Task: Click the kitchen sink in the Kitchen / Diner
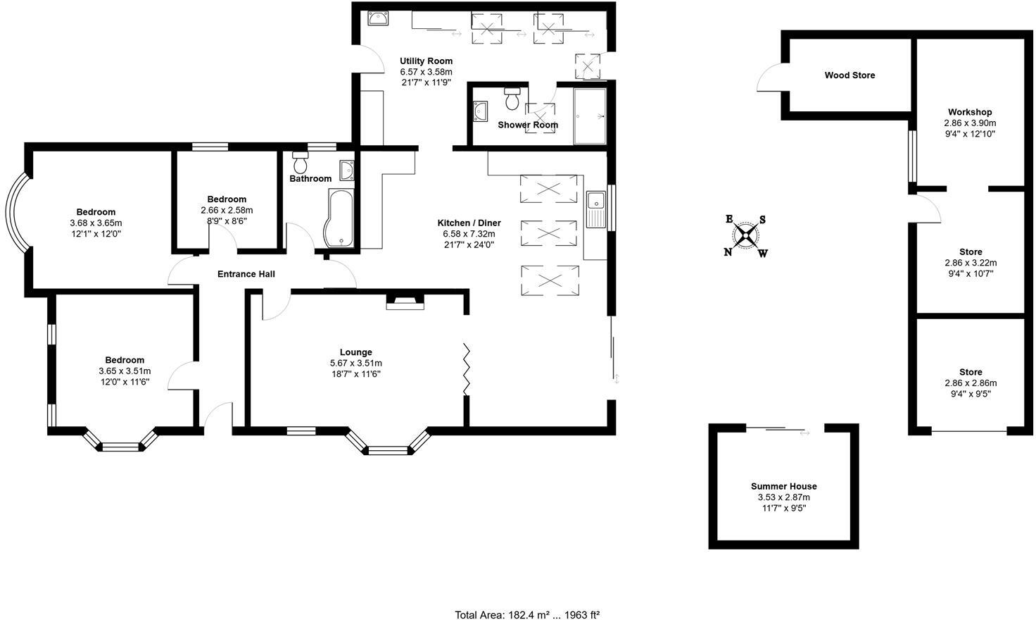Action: tap(595, 209)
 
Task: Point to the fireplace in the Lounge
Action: tap(405, 303)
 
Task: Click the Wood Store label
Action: tap(849, 75)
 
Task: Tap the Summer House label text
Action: tap(783, 486)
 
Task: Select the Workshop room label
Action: tap(969, 112)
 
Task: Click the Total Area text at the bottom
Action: tap(527, 614)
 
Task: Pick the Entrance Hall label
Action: tap(246, 274)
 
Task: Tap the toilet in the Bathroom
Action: tap(301, 163)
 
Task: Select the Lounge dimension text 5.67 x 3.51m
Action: tap(355, 363)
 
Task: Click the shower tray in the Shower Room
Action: tap(590, 116)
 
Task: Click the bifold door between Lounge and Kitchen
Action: tap(466, 368)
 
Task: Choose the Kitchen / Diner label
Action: tap(469, 223)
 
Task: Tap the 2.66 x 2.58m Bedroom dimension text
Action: tap(226, 210)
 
